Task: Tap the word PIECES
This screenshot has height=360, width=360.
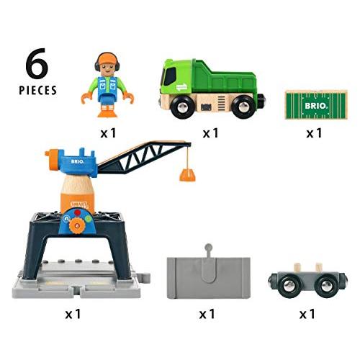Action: pyautogui.click(x=37, y=91)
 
